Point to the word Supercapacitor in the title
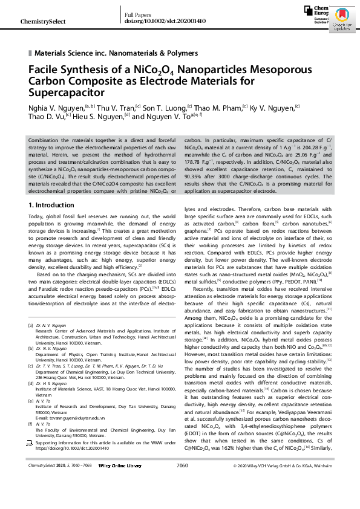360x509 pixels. point(67,92)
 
